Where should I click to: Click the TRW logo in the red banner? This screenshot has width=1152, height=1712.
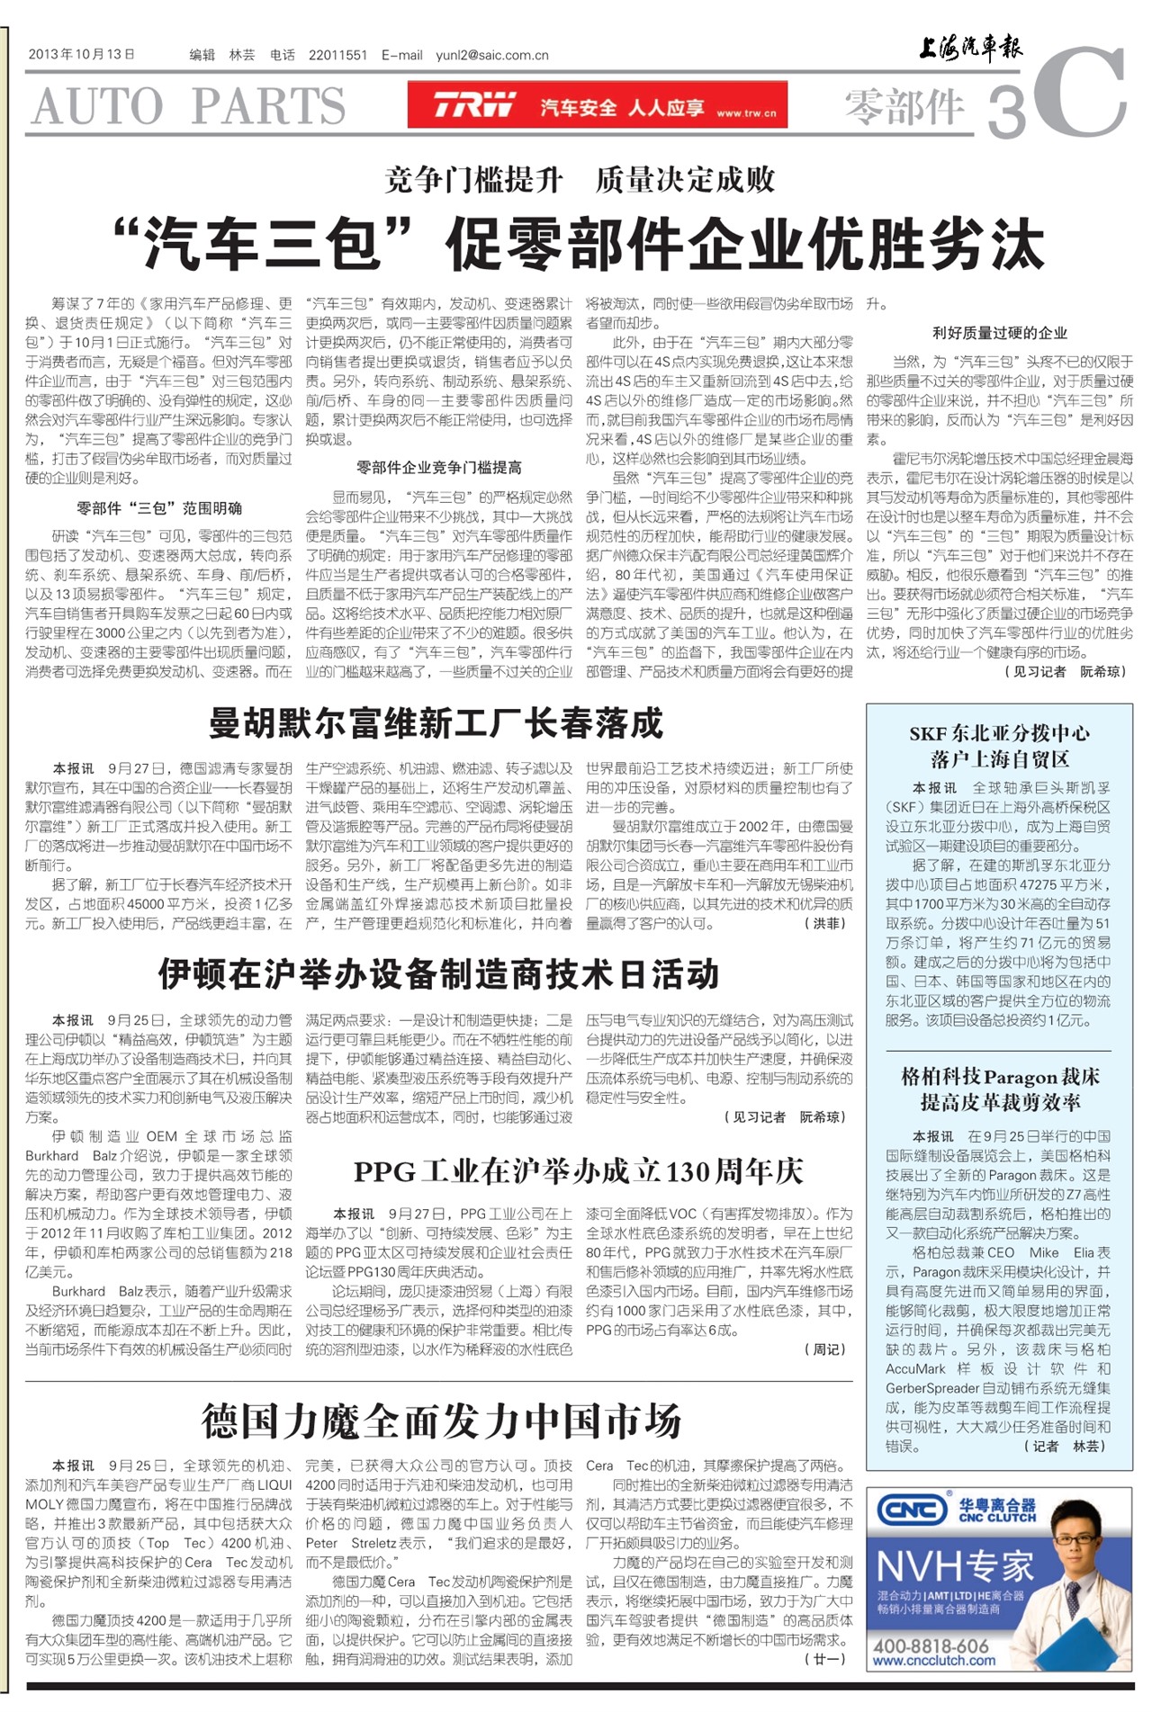pos(474,105)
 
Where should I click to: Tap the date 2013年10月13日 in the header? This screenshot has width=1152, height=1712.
pos(82,54)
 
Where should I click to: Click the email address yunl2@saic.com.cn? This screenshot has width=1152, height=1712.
pos(492,55)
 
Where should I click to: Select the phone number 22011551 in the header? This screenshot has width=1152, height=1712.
pos(337,55)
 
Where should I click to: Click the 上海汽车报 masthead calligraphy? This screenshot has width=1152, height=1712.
pos(970,48)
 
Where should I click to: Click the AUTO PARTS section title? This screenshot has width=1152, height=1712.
pos(189,106)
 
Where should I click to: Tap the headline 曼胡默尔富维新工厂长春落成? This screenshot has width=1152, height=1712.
pos(436,723)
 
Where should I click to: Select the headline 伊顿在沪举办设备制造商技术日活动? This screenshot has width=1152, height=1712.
pos(438,973)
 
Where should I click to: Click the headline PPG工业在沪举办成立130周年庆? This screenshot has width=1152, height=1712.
pos(578,1171)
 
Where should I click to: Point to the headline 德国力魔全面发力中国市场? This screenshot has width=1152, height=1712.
pos(441,1421)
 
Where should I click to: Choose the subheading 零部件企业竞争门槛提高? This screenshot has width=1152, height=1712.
pos(438,467)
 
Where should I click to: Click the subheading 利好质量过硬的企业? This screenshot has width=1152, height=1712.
pos(999,333)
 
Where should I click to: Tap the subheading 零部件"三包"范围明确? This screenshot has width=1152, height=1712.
pos(158,508)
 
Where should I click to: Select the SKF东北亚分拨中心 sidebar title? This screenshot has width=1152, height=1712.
pos(999,746)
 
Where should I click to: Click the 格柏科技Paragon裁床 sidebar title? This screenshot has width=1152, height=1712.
pos(999,1089)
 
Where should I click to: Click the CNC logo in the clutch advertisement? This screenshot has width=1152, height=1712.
pos(912,1510)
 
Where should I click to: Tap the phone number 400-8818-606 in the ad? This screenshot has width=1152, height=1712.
pos(931,1645)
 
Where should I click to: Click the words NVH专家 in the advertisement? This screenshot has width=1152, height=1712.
pos(954,1566)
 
